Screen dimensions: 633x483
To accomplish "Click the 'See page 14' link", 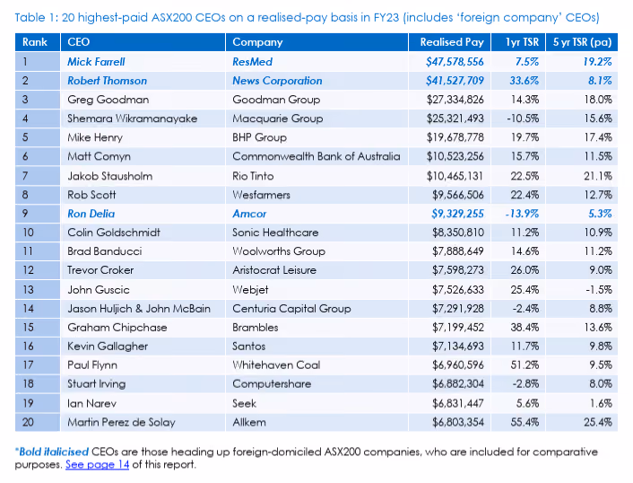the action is (x=98, y=465).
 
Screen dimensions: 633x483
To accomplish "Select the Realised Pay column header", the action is (x=452, y=42).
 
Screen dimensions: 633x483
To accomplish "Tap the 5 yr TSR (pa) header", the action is (x=582, y=42).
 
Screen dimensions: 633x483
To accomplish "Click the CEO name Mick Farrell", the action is (x=96, y=62).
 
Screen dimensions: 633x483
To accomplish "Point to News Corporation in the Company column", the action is (x=277, y=81).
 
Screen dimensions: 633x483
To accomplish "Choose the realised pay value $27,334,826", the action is (x=455, y=100).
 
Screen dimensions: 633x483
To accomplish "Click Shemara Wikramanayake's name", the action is (x=133, y=119).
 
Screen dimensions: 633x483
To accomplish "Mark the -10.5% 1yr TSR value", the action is (x=523, y=119).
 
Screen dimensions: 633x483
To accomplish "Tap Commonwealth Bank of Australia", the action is (x=316, y=156).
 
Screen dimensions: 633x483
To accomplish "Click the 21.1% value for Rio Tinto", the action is (x=598, y=176).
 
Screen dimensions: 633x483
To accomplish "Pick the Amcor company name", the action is (x=249, y=214).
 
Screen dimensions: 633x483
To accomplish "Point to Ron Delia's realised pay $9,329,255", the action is (x=458, y=214).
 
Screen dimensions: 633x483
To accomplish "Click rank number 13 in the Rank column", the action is (x=29, y=290).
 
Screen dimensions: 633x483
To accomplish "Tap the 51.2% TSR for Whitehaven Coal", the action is (x=525, y=365).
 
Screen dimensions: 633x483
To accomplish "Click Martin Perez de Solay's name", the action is (x=121, y=422).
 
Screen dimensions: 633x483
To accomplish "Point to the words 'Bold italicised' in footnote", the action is (x=54, y=452).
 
